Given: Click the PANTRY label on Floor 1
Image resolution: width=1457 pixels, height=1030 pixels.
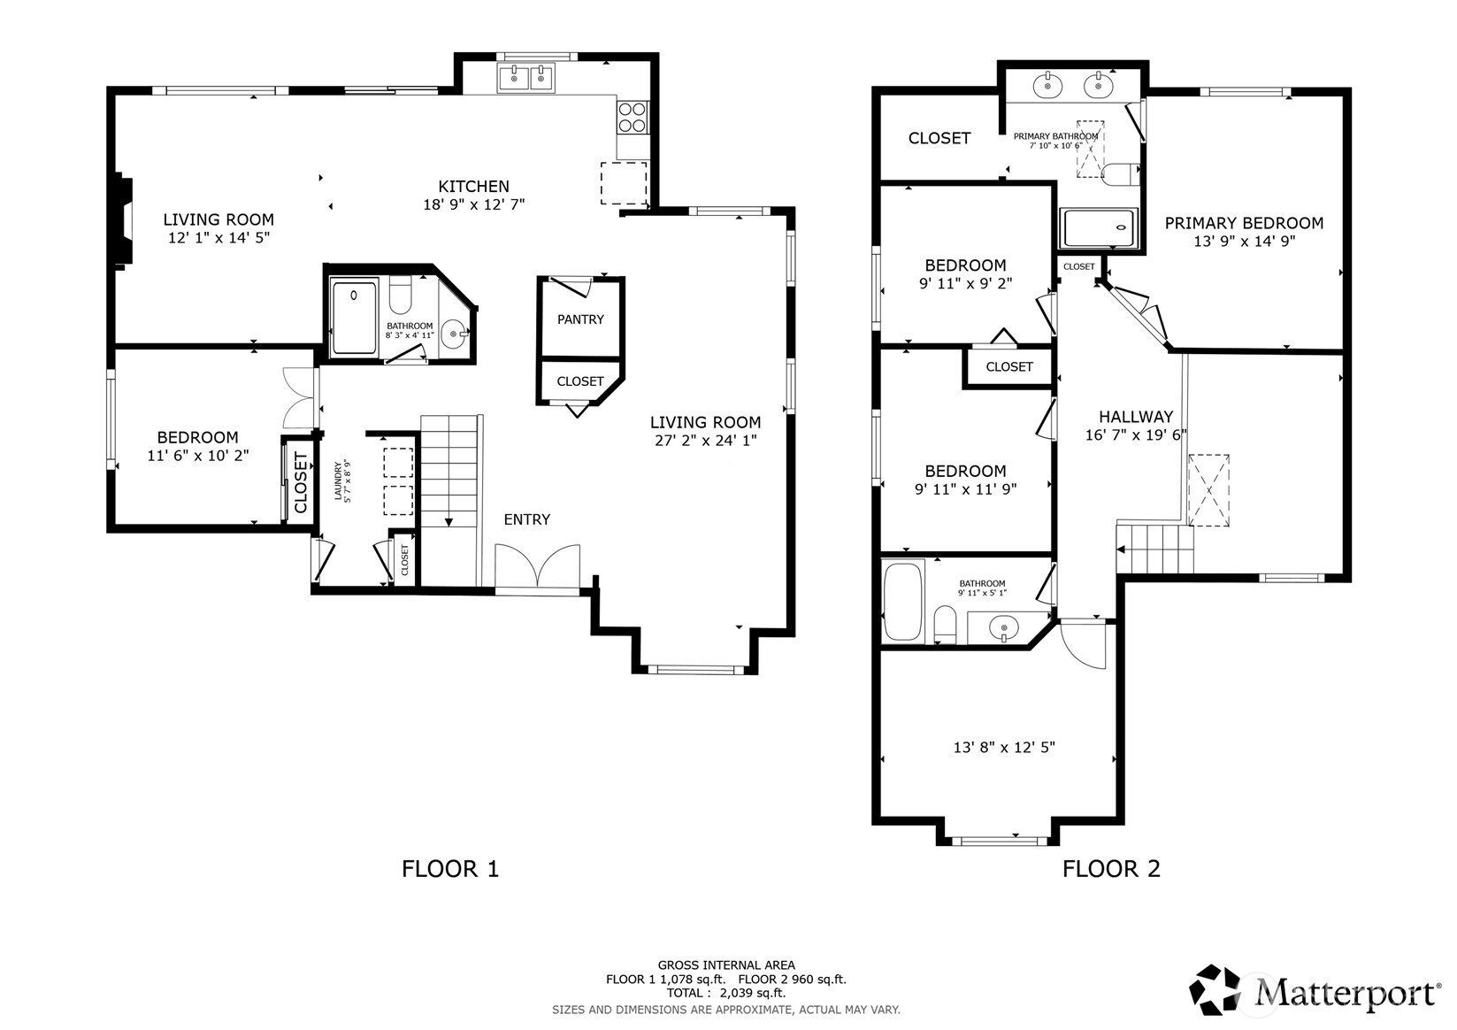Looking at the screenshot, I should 580,319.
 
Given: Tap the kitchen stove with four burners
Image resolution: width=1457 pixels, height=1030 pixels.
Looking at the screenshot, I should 632,117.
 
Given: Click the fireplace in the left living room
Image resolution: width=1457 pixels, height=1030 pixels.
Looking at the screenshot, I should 121,222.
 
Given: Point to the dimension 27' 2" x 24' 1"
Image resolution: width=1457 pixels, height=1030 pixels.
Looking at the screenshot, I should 705,440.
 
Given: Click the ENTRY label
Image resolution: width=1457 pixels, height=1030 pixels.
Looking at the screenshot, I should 526,519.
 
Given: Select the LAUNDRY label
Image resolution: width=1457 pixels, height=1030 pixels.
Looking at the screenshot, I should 342,480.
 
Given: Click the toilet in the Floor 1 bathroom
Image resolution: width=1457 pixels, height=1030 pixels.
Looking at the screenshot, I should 400,296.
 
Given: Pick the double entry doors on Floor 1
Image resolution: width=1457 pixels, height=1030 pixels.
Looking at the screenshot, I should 536,567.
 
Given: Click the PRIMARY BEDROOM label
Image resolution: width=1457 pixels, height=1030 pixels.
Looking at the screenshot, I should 1244,224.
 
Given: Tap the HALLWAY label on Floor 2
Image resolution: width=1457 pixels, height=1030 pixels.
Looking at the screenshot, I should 1136,417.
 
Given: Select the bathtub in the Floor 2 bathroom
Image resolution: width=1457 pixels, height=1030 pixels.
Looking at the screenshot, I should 902,601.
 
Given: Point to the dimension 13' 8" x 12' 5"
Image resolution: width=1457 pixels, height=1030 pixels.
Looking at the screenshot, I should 1004,748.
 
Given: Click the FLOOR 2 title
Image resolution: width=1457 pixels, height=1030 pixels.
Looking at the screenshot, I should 1111,869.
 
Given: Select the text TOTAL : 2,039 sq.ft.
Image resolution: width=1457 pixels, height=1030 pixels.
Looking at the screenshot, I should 725,994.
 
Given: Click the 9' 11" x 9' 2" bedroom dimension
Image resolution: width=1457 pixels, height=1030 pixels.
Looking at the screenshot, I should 965,284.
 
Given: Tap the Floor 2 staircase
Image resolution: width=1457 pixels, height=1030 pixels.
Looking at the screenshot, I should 1155,549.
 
